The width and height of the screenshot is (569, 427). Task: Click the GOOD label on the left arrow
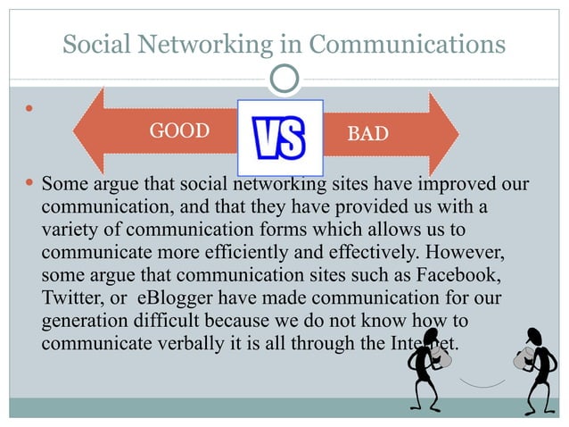point(178,132)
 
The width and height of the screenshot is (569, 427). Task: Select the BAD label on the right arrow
point(367,134)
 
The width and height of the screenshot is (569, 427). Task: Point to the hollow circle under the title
point(284,80)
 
